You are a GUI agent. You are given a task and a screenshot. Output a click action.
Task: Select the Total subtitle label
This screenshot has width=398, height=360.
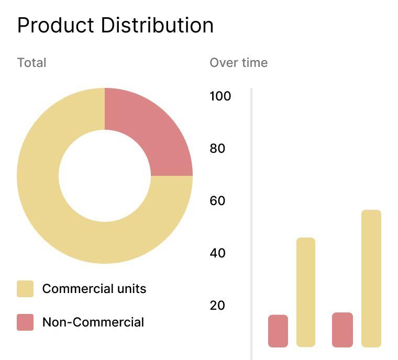pyautogui.click(x=31, y=63)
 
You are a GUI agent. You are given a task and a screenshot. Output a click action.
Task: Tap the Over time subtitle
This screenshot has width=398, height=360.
pyautogui.click(x=238, y=63)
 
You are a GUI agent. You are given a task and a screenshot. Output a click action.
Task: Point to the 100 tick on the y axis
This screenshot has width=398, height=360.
pyautogui.click(x=220, y=96)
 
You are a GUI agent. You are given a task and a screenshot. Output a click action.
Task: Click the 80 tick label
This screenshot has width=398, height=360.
pyautogui.click(x=217, y=149)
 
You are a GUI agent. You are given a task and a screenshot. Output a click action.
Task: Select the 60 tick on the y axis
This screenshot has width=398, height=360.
pyautogui.click(x=217, y=201)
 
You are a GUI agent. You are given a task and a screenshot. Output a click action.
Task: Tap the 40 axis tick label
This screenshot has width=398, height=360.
pyautogui.click(x=217, y=253)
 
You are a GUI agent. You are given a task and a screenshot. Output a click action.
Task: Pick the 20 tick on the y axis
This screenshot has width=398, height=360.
pyautogui.click(x=217, y=306)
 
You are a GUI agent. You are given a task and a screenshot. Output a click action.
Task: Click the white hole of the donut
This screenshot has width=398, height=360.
pyautogui.click(x=105, y=176)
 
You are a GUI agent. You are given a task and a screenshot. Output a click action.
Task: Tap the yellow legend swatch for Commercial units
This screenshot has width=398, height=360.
pyautogui.click(x=25, y=289)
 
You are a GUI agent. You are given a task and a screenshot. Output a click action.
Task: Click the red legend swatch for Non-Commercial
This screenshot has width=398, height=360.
pyautogui.click(x=25, y=322)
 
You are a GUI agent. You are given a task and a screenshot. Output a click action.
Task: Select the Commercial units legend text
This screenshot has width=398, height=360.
pyautogui.click(x=94, y=289)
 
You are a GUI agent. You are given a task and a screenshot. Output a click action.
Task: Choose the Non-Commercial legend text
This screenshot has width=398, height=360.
pyautogui.click(x=93, y=322)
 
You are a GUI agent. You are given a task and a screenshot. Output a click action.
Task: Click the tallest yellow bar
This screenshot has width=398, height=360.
pyautogui.click(x=371, y=278)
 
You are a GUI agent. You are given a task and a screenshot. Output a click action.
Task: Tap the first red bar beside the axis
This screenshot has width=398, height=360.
pyautogui.click(x=278, y=331)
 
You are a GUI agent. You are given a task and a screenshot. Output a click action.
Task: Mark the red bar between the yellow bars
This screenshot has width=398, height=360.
pyautogui.click(x=342, y=330)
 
